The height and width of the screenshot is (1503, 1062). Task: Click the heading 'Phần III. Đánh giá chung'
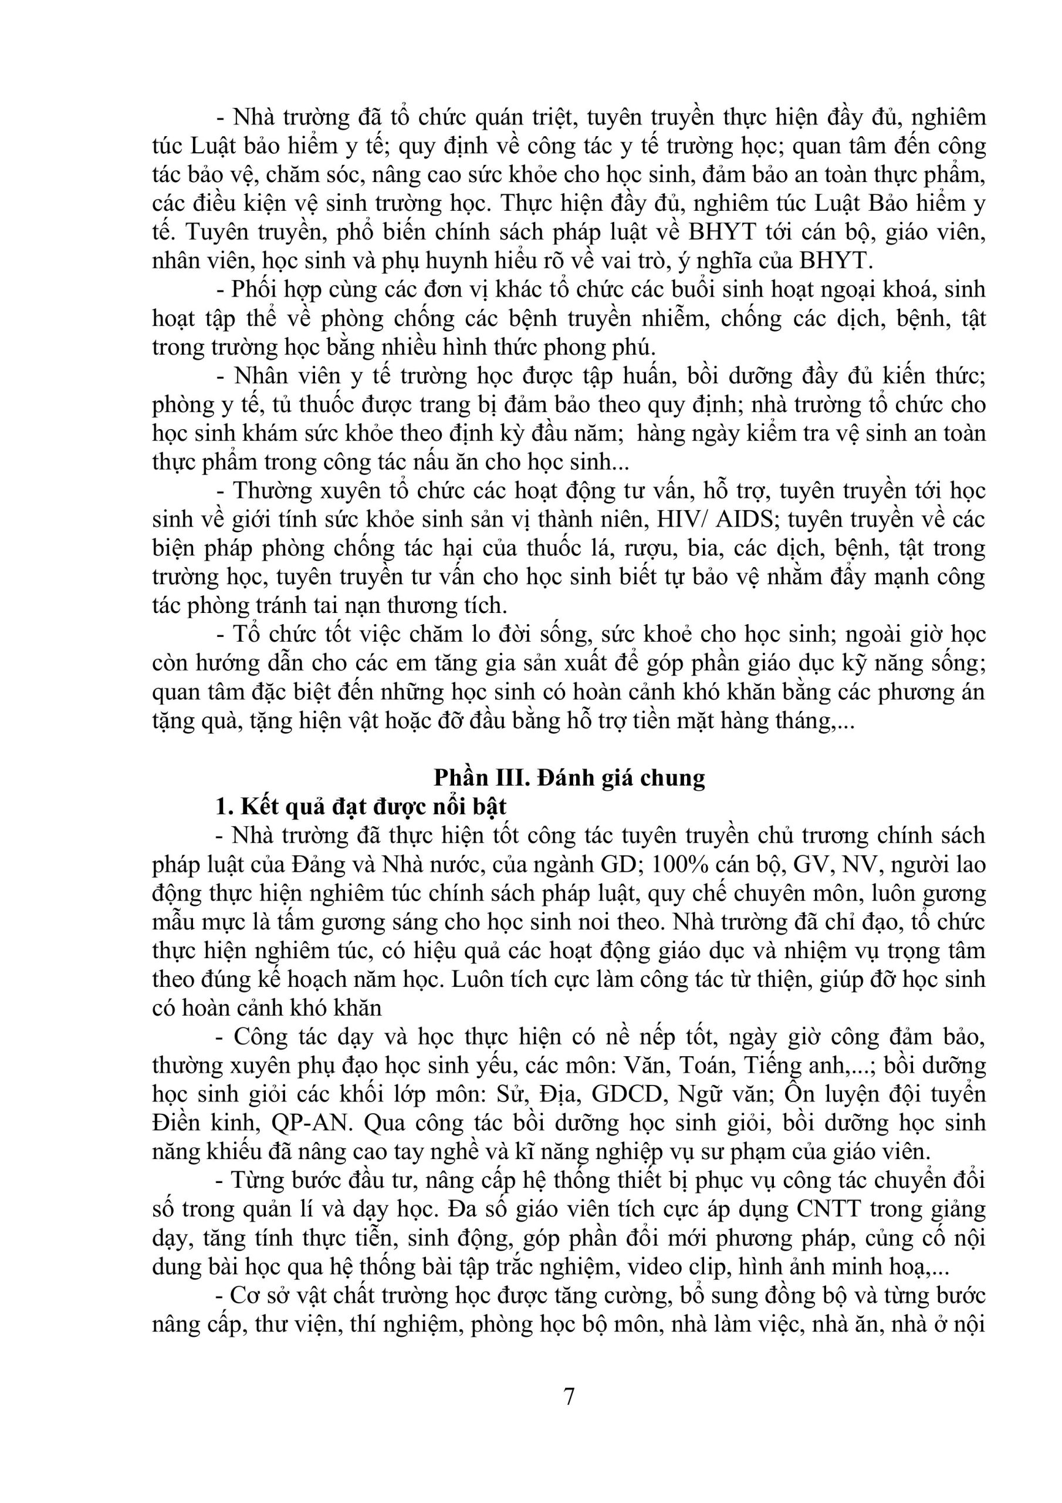pos(569,778)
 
